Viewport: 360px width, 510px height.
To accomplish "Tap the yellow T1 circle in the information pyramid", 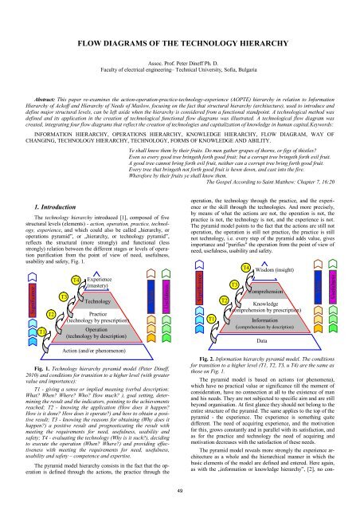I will [212, 296].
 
